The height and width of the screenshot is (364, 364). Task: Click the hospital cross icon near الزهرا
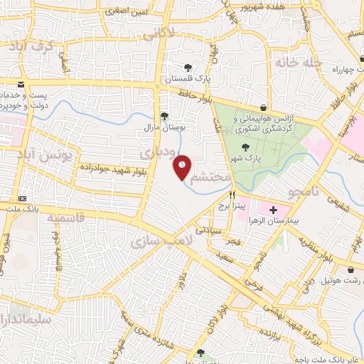coord(274,210)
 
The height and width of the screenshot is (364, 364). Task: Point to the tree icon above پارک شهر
coord(245,146)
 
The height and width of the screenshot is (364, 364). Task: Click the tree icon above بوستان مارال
coord(165,116)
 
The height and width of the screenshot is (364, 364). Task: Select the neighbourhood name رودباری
coord(156,151)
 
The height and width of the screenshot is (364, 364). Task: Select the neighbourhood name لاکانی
coord(157,33)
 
